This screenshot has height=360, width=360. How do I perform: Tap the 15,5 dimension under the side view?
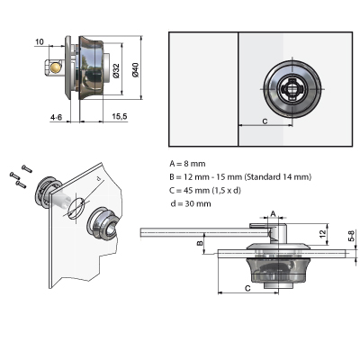(119, 117)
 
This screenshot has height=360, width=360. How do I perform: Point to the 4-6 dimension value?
(57, 117)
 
